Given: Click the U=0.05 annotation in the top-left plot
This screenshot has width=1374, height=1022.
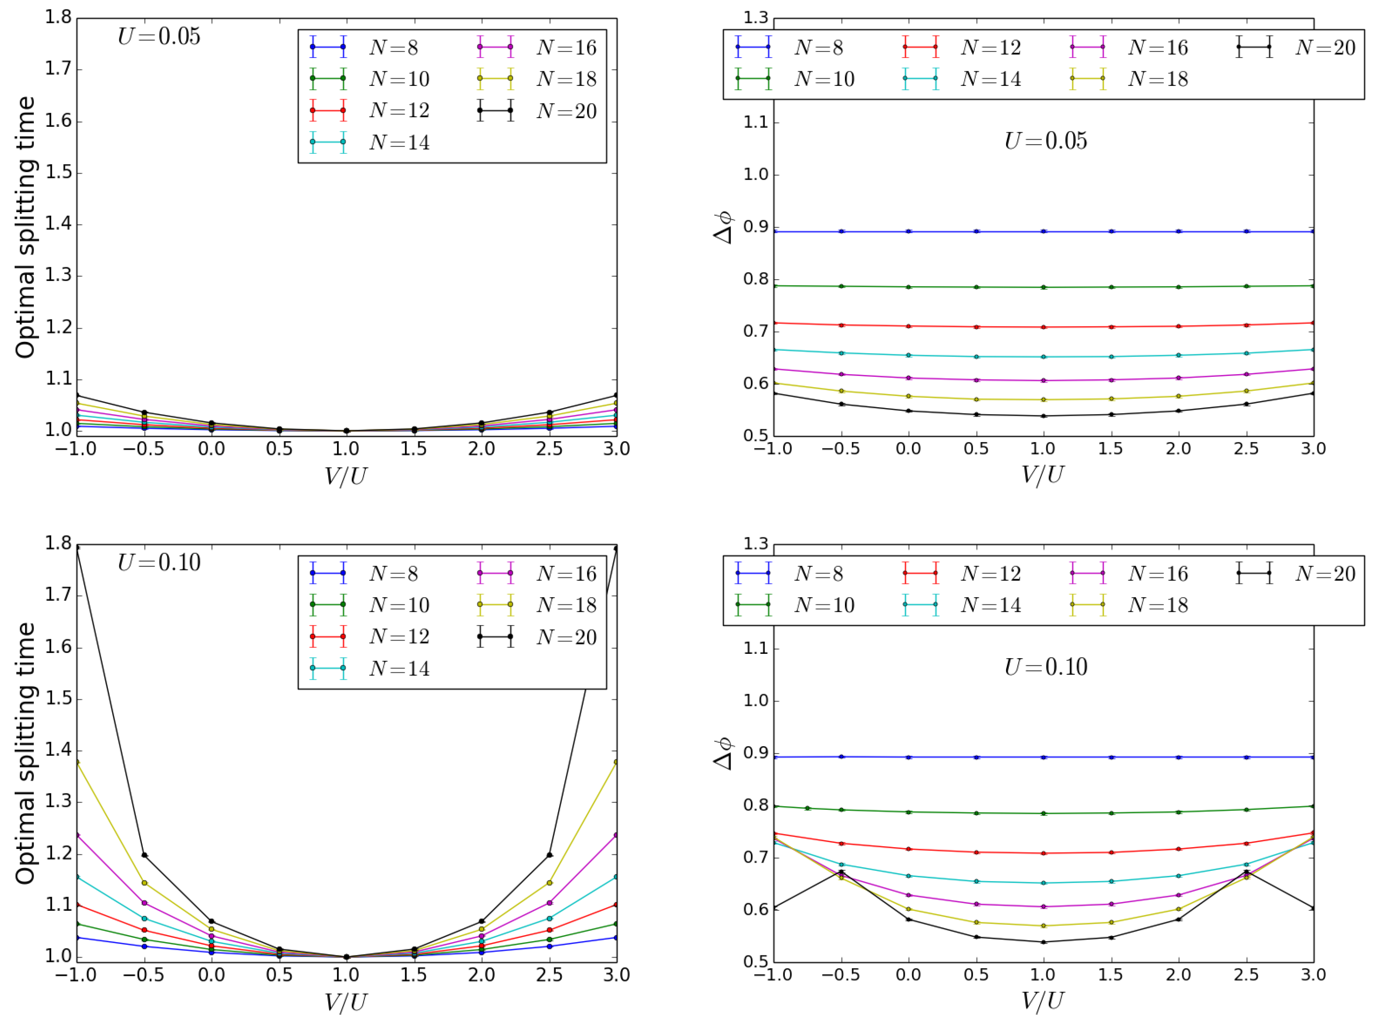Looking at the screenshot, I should tap(159, 36).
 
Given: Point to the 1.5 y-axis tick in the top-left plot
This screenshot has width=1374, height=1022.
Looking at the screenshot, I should tap(58, 173).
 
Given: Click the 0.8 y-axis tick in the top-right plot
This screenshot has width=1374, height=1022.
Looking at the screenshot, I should tap(755, 279).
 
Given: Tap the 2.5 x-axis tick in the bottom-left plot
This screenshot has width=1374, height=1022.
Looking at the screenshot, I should tap(549, 975).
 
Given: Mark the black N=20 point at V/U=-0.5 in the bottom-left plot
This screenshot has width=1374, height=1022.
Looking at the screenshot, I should tap(145, 855).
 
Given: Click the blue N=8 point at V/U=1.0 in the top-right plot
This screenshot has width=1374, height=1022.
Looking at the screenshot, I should tap(1044, 232).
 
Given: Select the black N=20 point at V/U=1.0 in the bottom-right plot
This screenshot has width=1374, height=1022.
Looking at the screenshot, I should tap(1044, 942).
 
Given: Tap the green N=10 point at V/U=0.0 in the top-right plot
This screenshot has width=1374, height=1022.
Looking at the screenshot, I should tap(909, 287).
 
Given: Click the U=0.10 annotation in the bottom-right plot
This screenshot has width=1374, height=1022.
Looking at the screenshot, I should tap(1045, 667).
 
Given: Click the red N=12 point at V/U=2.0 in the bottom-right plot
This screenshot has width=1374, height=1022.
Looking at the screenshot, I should tap(1178, 849).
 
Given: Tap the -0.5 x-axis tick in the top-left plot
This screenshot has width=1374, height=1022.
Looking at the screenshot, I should tap(144, 448).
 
